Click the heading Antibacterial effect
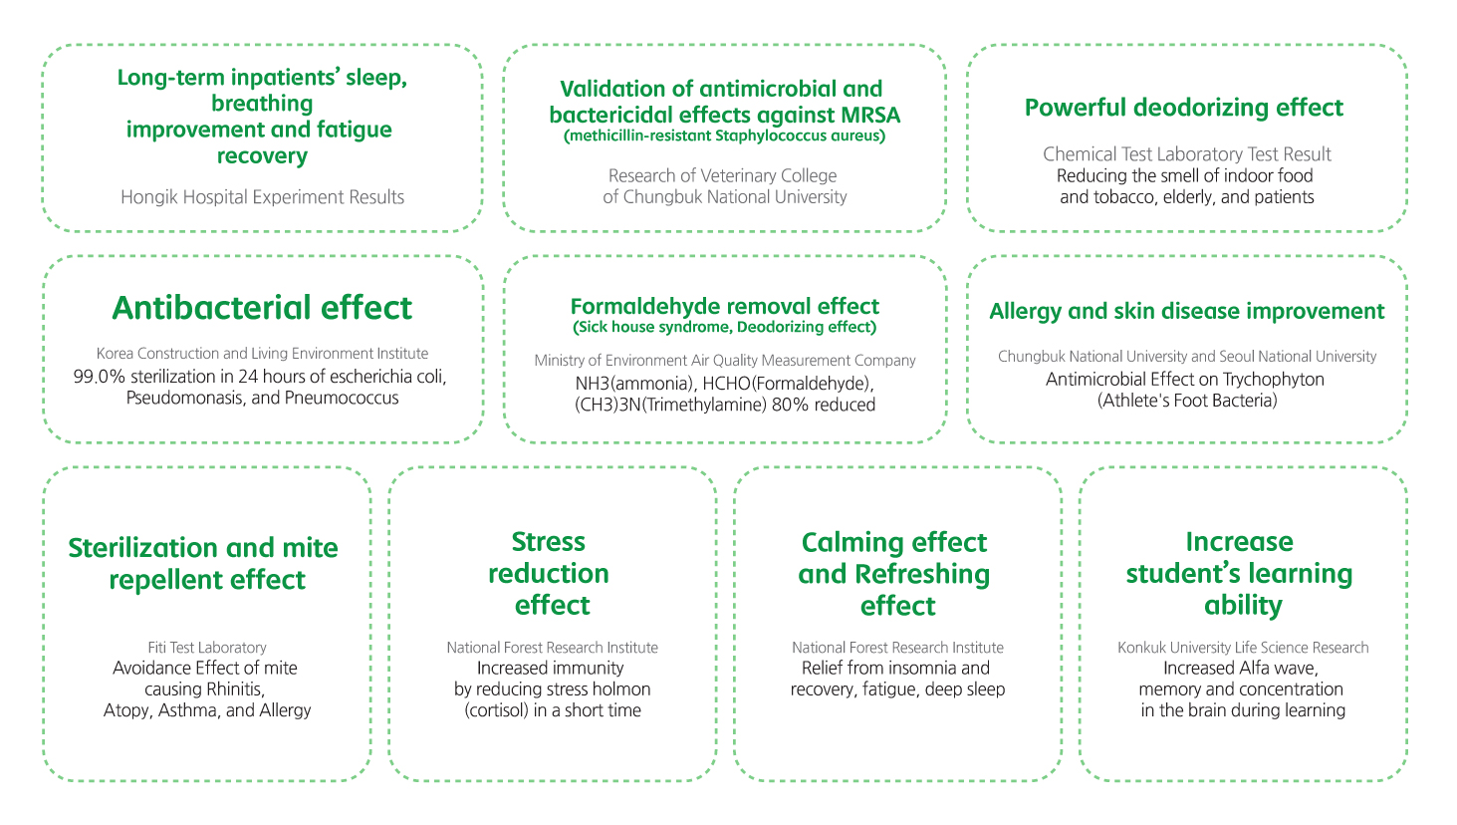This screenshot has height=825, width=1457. click(262, 308)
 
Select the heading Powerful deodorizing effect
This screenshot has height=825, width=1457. click(1184, 108)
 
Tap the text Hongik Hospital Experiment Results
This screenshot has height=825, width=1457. click(262, 197)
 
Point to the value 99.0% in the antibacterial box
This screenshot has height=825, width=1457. click(99, 377)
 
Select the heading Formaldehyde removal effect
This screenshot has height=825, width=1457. click(725, 306)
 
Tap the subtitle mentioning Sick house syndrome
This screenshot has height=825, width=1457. click(725, 327)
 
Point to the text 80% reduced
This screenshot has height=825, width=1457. click(824, 405)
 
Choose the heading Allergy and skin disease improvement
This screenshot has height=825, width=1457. click(1187, 311)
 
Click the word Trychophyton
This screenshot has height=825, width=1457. click(1273, 380)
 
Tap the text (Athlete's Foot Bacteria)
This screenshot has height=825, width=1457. click(1187, 401)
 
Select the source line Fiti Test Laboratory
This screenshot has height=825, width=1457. click(207, 648)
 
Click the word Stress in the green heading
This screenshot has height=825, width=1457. click(549, 542)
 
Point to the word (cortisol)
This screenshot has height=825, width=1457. click(496, 709)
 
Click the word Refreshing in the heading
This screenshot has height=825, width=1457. click(922, 575)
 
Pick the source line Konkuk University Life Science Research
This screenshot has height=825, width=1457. click(1243, 648)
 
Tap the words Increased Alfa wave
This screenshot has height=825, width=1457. click(1241, 669)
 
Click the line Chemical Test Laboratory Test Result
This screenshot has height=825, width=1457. click(1187, 154)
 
